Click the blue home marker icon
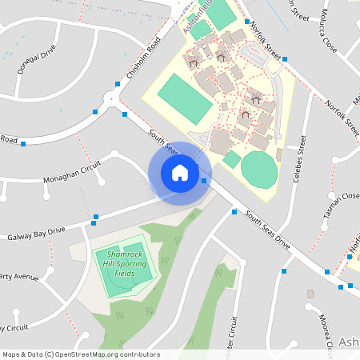tap(179, 173)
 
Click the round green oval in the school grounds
tap(259, 169)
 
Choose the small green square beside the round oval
tap(231, 159)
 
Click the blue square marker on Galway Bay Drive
tap(96, 217)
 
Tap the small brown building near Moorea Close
tap(310, 294)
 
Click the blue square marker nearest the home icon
tap(205, 181)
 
